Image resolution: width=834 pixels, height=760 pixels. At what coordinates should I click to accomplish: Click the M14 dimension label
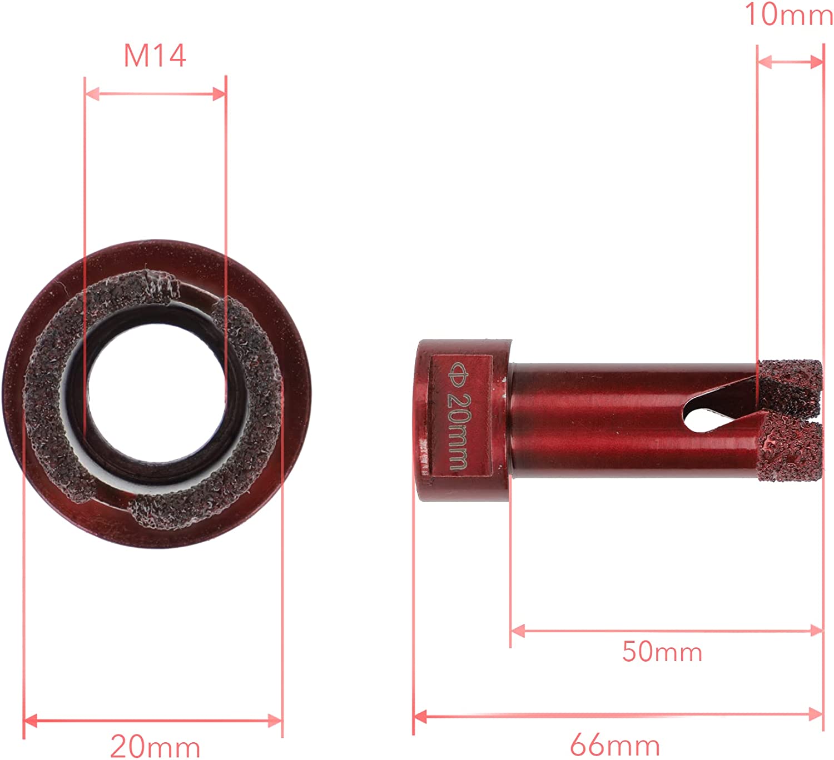155,56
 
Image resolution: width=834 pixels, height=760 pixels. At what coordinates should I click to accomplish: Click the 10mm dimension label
788,14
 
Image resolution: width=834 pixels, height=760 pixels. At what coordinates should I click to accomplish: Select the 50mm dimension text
662,651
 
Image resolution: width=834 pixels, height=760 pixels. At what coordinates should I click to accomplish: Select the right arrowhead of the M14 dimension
219,93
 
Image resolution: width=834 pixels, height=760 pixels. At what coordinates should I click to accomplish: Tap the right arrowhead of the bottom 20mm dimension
275,721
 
